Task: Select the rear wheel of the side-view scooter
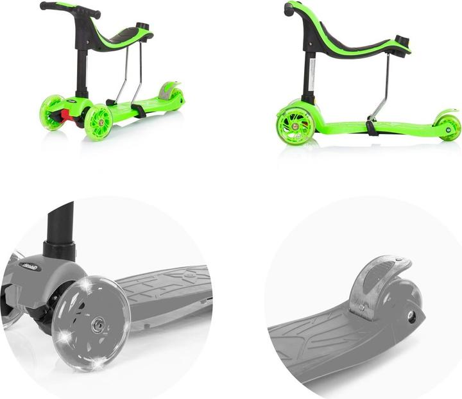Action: pos(448,128)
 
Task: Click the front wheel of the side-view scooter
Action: pos(295,125)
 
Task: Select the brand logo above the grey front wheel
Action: pos(31,264)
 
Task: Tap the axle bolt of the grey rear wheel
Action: pos(411,316)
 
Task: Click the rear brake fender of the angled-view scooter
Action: pos(169,89)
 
